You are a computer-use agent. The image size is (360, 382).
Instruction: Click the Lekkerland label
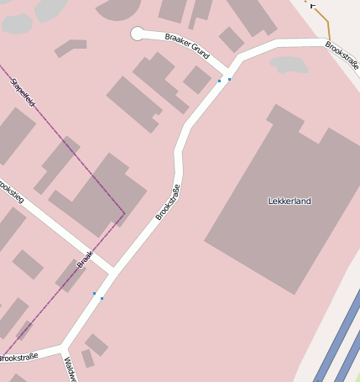(290, 201)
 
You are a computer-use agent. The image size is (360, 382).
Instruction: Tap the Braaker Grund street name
(187, 45)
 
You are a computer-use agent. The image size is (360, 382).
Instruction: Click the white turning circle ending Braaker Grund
(138, 34)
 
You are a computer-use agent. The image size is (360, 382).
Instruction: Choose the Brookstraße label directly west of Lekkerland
(168, 202)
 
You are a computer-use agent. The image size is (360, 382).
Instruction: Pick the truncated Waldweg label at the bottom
(70, 369)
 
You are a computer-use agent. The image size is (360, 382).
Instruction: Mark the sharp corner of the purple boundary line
(124, 213)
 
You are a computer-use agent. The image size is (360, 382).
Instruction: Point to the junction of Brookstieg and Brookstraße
(112, 270)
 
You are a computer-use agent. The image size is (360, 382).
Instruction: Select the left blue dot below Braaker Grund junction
(219, 81)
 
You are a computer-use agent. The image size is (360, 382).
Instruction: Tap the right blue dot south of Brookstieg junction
(102, 298)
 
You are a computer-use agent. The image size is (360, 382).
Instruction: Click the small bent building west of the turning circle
(70, 48)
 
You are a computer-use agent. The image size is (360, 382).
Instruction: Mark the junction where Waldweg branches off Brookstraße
(64, 347)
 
